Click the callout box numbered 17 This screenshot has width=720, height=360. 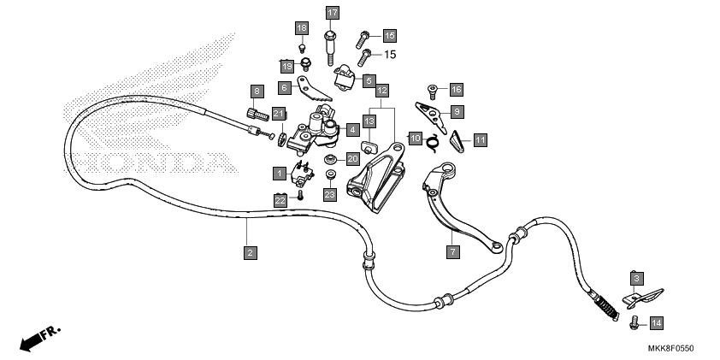click(x=333, y=13)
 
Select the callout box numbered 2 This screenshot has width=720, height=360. click(x=251, y=252)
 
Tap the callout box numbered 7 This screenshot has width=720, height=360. click(x=452, y=251)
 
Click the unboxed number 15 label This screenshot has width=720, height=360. click(x=390, y=55)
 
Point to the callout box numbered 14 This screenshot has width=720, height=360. click(x=657, y=323)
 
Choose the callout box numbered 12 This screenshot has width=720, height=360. click(x=382, y=91)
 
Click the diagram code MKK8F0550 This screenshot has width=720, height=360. click(x=671, y=349)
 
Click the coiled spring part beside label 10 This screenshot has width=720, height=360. click(x=432, y=142)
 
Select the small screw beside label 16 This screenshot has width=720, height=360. click(x=432, y=91)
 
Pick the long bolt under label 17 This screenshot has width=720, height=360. click(x=330, y=48)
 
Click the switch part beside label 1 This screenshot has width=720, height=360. click(x=301, y=174)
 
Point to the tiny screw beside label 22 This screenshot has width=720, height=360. click(x=300, y=195)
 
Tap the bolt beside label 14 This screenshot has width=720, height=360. click(x=634, y=322)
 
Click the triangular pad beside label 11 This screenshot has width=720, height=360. click(x=456, y=141)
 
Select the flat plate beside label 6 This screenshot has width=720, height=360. click(x=314, y=89)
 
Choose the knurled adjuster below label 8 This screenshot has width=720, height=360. click(x=257, y=114)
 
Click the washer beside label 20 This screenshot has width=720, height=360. click(x=330, y=159)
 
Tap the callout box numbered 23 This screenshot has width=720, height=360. click(x=330, y=195)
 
